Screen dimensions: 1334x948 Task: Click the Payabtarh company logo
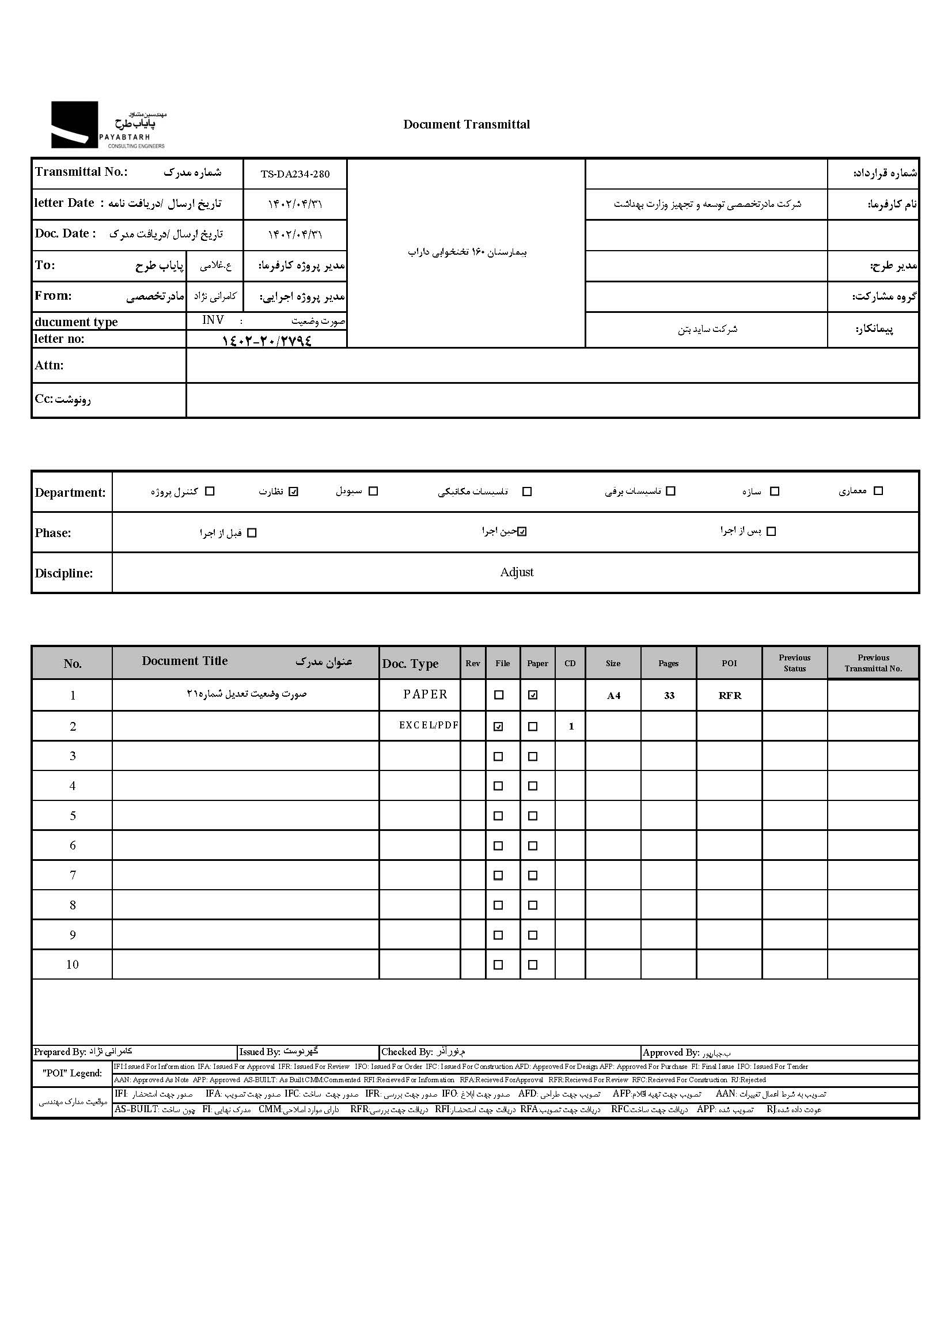[108, 125]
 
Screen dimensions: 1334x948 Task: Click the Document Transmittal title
[467, 124]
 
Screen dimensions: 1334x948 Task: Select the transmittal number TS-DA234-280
[295, 174]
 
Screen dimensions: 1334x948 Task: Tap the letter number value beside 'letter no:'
[267, 340]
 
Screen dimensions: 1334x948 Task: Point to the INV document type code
[213, 320]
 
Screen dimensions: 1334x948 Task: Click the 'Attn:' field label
[49, 365]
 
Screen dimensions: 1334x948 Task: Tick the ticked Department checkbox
[294, 491]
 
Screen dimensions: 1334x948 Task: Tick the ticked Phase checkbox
[522, 531]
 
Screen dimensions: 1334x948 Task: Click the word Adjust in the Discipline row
[517, 572]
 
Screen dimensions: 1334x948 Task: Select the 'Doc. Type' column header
[410, 663]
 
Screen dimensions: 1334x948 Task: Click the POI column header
[729, 663]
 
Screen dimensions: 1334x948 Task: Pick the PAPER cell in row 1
[425, 694]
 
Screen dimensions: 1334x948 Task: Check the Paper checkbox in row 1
[533, 695]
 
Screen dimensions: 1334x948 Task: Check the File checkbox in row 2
[498, 727]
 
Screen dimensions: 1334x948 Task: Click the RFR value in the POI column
[730, 696]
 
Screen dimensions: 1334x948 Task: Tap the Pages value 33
[669, 696]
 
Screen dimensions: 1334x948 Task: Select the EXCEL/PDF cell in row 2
[429, 725]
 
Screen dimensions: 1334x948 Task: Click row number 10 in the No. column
[73, 965]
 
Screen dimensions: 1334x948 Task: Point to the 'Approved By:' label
[671, 1052]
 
